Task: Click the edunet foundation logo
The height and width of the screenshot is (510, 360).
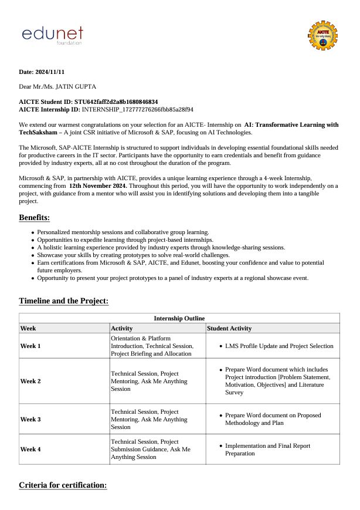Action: tap(52, 35)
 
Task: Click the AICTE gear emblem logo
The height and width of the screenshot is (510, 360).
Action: tap(323, 36)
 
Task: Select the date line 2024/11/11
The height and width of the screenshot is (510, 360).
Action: tap(42, 72)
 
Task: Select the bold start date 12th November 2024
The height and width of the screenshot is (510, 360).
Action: tap(98, 185)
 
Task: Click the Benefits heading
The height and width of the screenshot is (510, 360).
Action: tap(34, 218)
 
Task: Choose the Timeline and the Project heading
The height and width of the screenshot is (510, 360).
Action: tap(63, 301)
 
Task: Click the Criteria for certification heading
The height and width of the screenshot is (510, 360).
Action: tap(63, 485)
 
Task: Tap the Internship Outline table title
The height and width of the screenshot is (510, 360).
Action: tap(179, 318)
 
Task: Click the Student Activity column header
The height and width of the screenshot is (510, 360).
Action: tap(229, 329)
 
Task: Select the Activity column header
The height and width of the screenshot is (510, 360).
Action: tap(122, 329)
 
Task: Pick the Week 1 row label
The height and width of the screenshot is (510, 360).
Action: tap(30, 346)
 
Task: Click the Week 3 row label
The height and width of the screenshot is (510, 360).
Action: tap(30, 420)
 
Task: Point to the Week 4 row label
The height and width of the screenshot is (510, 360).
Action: tap(30, 449)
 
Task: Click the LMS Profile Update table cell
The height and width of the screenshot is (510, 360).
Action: tap(279, 346)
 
